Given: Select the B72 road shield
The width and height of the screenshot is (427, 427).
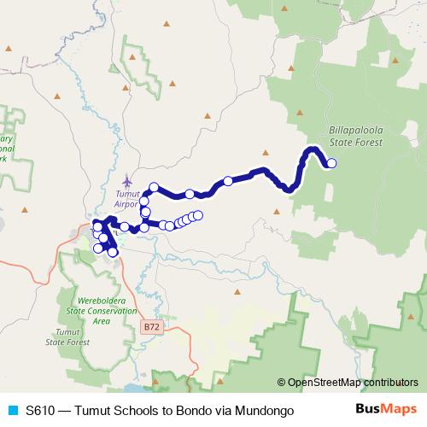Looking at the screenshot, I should click(151, 326).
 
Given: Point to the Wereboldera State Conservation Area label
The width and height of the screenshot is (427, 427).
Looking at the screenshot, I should click(102, 311).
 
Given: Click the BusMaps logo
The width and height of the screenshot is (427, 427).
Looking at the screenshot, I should click(385, 411).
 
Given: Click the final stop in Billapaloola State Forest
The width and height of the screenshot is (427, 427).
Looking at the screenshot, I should click(331, 164).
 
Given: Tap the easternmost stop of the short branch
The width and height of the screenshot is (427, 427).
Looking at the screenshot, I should click(198, 215).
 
